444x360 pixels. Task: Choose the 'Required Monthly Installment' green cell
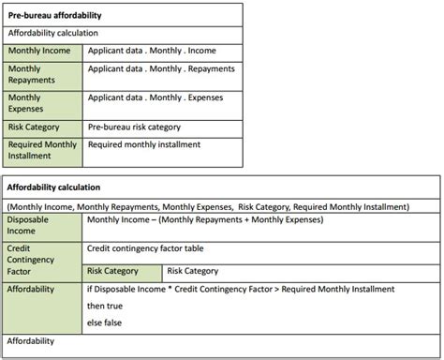42,150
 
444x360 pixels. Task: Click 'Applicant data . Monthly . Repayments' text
160,69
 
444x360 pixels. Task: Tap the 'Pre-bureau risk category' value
147,127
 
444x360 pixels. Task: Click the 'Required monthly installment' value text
151,145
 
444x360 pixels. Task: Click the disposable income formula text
203,219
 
